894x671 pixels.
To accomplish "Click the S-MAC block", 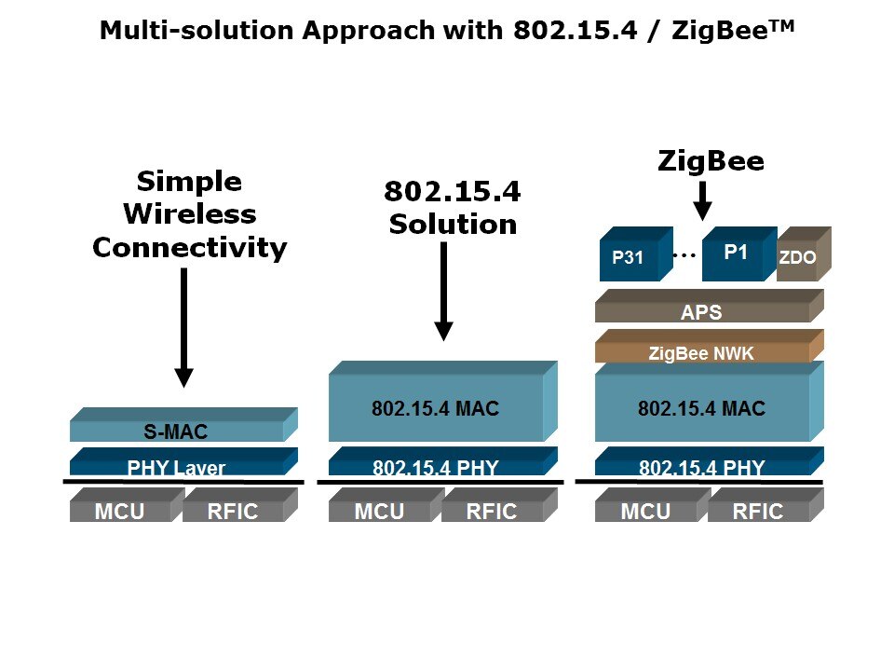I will (x=177, y=431).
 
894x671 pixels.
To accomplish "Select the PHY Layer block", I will (x=177, y=467).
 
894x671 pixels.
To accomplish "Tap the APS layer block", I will (x=701, y=313).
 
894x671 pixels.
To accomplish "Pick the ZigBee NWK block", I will (x=701, y=352).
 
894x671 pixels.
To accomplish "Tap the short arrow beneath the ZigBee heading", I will (x=703, y=199).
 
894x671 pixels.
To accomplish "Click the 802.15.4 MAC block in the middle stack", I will (x=436, y=408).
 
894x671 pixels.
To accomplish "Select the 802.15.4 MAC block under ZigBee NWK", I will (x=701, y=408).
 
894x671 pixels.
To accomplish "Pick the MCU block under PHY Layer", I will (x=120, y=510).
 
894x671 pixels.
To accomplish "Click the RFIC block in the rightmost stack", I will (x=758, y=510).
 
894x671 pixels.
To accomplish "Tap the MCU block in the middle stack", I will (x=379, y=510).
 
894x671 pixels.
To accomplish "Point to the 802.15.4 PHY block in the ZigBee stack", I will (x=701, y=467).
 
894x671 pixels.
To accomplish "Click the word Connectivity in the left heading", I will (x=189, y=247).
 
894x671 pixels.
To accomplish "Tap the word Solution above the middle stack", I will (x=453, y=224).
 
